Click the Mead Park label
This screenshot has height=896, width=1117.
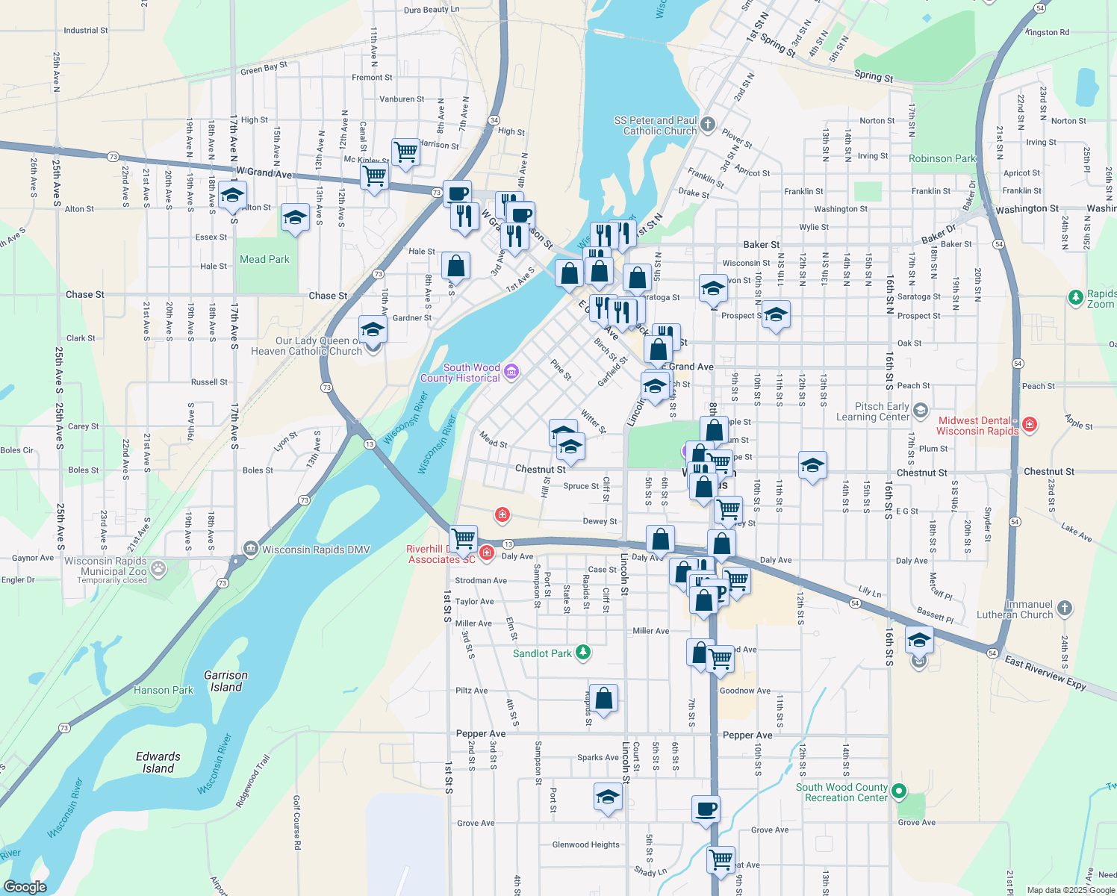(264, 259)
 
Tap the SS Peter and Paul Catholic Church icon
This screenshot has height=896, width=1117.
(708, 125)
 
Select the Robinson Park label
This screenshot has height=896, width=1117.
(942, 158)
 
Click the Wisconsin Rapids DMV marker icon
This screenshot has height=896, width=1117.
(250, 549)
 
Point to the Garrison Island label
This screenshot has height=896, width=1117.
(225, 681)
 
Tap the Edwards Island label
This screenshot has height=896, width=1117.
(158, 762)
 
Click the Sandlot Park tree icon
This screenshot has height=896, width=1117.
(583, 653)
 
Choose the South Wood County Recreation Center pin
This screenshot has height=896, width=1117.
(899, 791)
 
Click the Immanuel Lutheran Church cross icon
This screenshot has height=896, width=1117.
(1065, 609)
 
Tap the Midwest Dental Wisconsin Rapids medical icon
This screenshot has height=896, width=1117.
(1030, 425)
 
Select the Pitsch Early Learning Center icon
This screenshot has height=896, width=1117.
(921, 411)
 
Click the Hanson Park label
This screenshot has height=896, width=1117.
(164, 690)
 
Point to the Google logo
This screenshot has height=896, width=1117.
(25, 886)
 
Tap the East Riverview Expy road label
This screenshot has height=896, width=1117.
(1045, 673)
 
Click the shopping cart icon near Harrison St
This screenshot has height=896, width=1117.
(405, 152)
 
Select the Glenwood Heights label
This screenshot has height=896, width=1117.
(585, 844)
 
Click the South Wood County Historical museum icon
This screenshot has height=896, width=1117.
(511, 372)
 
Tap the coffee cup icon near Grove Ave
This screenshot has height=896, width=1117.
(706, 809)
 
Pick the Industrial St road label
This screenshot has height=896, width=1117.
(86, 31)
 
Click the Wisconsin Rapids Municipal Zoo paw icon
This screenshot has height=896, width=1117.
(158, 569)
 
